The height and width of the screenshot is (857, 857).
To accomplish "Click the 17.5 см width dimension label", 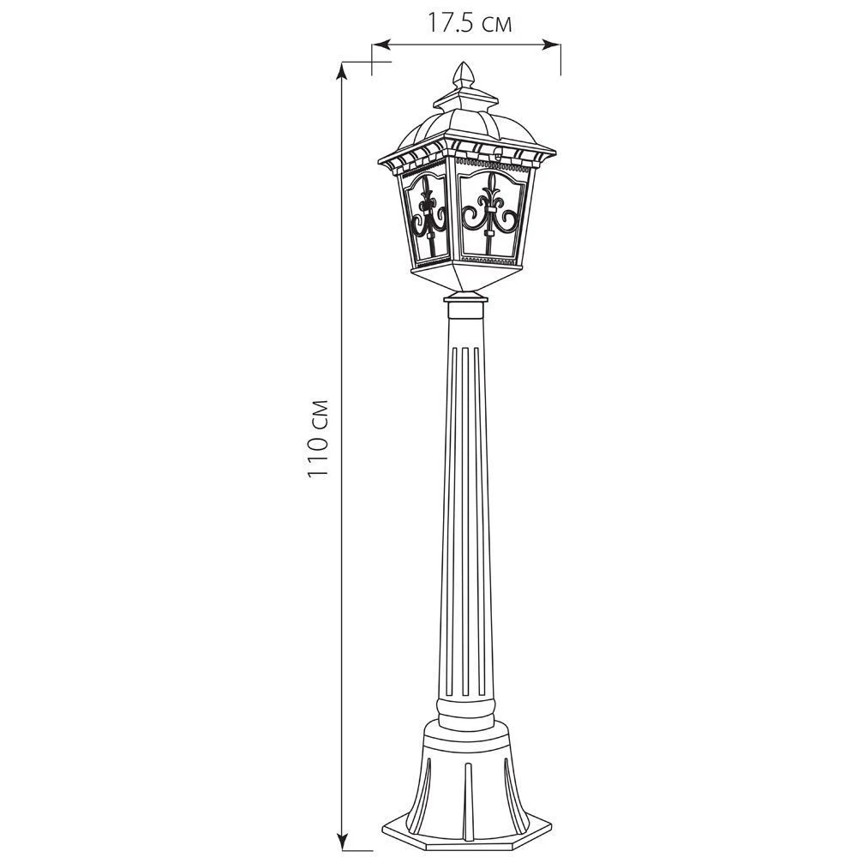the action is point(469,23).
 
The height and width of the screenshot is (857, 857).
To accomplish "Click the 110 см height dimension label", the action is point(318,439).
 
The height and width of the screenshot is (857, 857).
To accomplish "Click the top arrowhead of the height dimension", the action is point(342,71).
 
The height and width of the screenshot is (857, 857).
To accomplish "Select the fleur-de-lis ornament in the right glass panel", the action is point(490,213).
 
